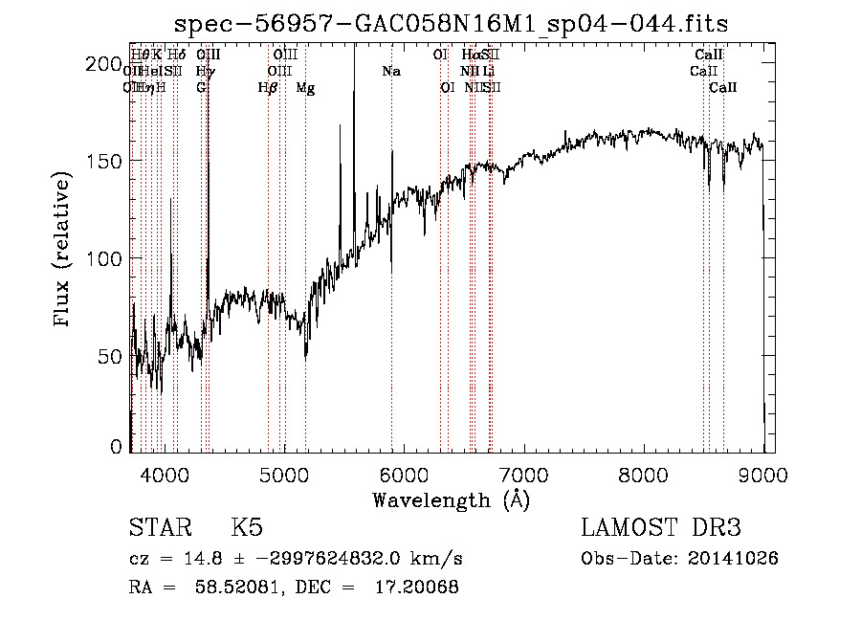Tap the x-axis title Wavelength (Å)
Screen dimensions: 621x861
[451, 499]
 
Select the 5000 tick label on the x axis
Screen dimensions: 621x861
[284, 473]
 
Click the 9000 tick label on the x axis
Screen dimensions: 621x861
[762, 473]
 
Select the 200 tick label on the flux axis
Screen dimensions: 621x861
[101, 64]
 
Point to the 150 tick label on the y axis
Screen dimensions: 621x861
[101, 161]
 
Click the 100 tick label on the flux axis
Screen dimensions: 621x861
[101, 258]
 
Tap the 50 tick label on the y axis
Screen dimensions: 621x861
[108, 356]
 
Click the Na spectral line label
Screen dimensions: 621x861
[390, 71]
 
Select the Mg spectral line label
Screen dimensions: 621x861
[305, 88]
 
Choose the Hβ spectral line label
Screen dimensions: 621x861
[268, 88]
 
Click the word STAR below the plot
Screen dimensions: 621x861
[162, 529]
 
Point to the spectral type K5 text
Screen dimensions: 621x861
[247, 529]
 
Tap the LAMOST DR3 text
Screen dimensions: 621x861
[660, 529]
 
